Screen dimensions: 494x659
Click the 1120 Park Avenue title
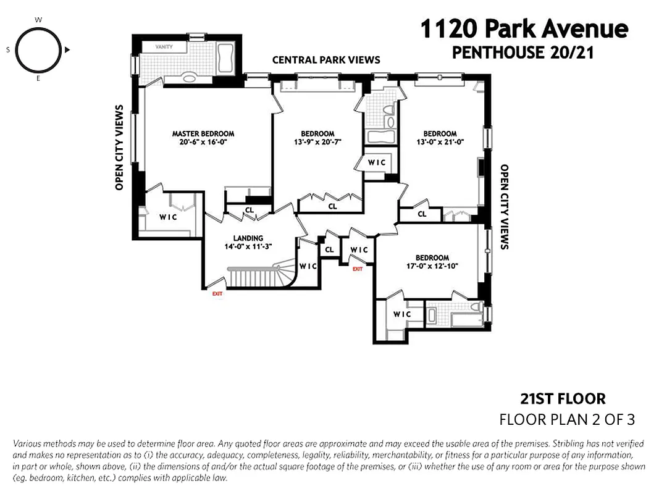pyautogui.click(x=524, y=29)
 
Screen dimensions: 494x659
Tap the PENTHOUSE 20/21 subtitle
pyautogui.click(x=523, y=53)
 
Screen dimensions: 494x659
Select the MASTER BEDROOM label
pyautogui.click(x=203, y=133)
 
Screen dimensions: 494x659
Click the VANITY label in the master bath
pyautogui.click(x=164, y=47)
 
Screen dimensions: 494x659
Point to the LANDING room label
pyautogui.click(x=248, y=238)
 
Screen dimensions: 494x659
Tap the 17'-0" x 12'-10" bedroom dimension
pyautogui.click(x=432, y=266)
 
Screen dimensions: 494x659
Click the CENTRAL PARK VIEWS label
pyautogui.click(x=326, y=60)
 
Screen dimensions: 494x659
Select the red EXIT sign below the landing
pyautogui.click(x=217, y=294)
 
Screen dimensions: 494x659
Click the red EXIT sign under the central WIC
pyautogui.click(x=358, y=269)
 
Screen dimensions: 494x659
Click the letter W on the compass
pyautogui.click(x=38, y=20)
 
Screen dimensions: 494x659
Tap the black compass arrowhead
pyautogui.click(x=67, y=49)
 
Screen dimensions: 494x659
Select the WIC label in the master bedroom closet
pyautogui.click(x=169, y=217)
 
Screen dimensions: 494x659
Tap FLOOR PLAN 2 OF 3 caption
pyautogui.click(x=567, y=420)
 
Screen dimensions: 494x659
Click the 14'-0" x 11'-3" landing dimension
pyautogui.click(x=248, y=246)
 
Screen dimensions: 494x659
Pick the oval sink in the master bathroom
pyautogui.click(x=190, y=78)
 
